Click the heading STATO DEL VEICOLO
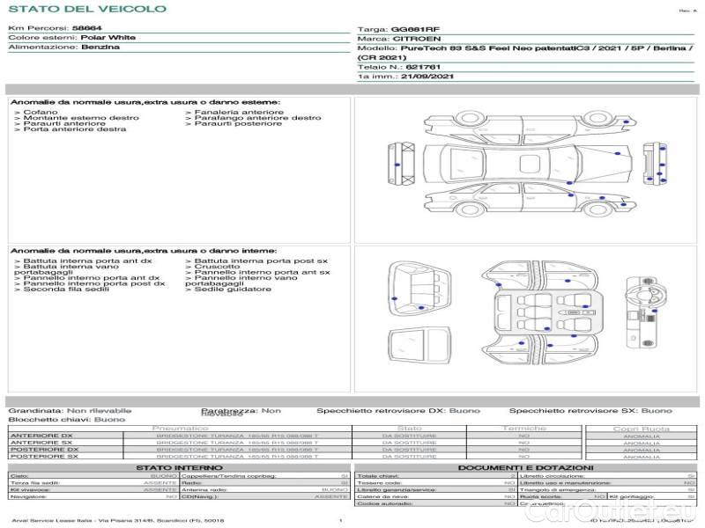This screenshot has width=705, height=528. click(x=86, y=9)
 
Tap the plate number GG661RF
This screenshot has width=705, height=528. click(x=414, y=29)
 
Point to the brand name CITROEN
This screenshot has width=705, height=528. click(x=412, y=39)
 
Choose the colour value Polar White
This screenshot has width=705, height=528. click(x=108, y=38)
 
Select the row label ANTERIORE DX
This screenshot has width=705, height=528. click(x=41, y=436)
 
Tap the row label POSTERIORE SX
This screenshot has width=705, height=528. click(x=44, y=456)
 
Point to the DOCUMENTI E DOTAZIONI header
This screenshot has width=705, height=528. click(x=525, y=467)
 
